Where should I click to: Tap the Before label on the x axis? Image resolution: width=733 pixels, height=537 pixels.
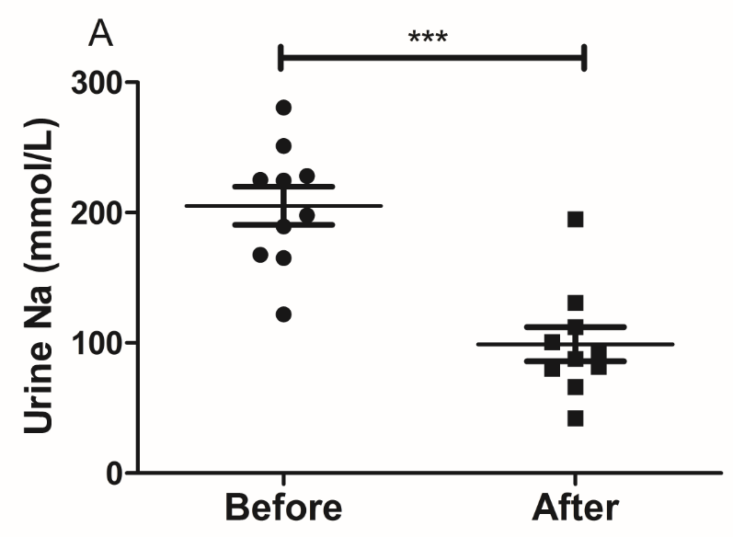[x=283, y=508]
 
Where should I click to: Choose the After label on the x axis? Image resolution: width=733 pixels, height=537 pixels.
[x=576, y=508]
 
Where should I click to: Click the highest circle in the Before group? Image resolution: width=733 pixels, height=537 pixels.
[x=283, y=108]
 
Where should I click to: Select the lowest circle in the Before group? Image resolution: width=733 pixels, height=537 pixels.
[x=283, y=314]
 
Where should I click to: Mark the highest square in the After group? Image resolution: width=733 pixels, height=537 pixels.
[x=576, y=219]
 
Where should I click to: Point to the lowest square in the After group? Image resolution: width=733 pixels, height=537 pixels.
[x=576, y=418]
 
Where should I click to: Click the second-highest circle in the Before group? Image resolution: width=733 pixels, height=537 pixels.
[x=283, y=146]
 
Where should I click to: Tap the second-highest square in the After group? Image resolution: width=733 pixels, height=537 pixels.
[x=576, y=303]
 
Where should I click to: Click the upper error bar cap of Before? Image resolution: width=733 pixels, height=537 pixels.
[x=283, y=187]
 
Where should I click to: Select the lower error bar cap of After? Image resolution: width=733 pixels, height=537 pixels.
[x=576, y=361]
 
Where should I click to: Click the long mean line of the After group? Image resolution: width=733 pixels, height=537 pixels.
[x=644, y=345]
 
